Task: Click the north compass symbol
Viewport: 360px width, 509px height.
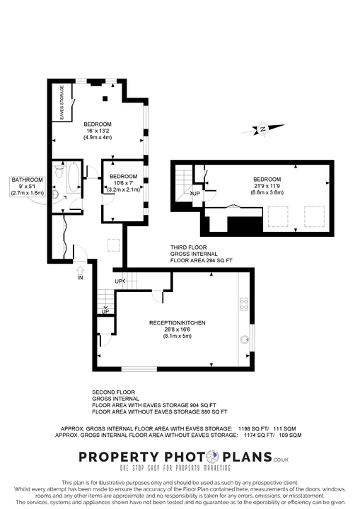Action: click(x=262, y=129)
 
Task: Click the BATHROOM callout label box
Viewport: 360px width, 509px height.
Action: click(x=27, y=186)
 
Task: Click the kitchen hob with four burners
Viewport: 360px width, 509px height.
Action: click(x=244, y=304)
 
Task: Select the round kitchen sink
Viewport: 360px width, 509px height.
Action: click(x=245, y=339)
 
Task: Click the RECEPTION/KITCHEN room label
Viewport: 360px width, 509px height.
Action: click(x=173, y=322)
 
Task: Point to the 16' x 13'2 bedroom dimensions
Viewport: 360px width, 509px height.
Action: click(x=98, y=131)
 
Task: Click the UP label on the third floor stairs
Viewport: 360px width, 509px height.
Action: click(x=196, y=193)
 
